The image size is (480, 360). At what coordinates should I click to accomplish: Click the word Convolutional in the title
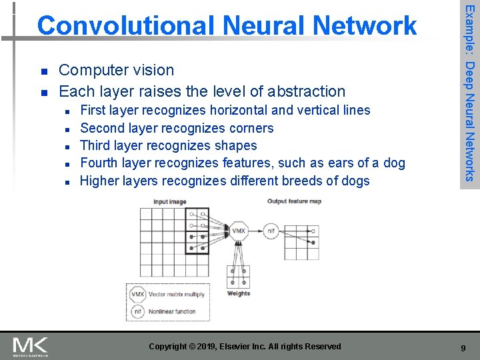click(x=124, y=26)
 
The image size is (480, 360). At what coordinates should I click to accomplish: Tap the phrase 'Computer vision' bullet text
click(x=117, y=70)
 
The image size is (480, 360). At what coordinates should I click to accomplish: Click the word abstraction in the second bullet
click(x=304, y=91)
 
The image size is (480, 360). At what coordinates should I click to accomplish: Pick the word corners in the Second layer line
click(x=251, y=128)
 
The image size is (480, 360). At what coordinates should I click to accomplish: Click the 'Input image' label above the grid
click(x=171, y=201)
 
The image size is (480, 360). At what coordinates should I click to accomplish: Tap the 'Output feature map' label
click(x=294, y=201)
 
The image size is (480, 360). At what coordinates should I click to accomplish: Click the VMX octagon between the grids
click(x=239, y=231)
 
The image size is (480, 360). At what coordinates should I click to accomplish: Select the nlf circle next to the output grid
click(x=271, y=231)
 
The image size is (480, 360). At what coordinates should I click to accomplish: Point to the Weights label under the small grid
click(x=239, y=293)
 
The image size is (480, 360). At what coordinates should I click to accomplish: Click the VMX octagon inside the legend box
click(x=138, y=294)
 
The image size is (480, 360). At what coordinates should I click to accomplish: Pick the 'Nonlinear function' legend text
click(x=172, y=311)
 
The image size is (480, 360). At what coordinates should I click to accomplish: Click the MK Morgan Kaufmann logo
click(x=30, y=346)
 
